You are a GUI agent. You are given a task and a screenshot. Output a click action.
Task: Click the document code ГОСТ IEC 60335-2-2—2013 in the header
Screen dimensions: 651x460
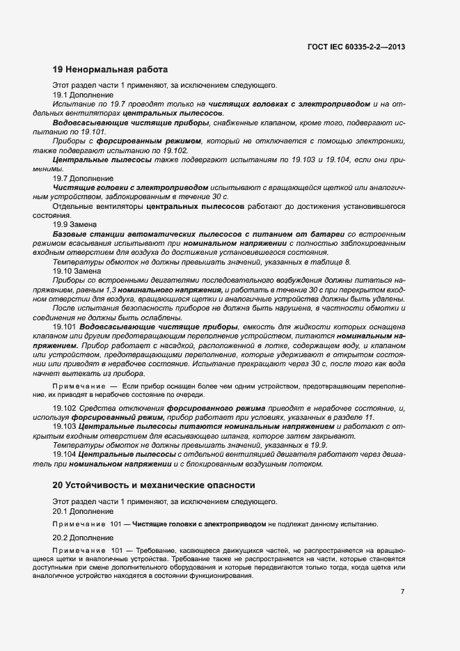pos(356,47)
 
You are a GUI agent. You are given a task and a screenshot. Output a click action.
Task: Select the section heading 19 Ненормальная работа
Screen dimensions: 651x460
pos(110,70)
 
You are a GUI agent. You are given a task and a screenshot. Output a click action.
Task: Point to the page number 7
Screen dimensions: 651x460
pos(403,592)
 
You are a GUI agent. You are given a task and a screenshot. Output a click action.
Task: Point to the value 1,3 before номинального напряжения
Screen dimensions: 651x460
pos(111,289)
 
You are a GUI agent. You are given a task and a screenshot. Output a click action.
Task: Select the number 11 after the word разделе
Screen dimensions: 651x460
pos(370,416)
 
